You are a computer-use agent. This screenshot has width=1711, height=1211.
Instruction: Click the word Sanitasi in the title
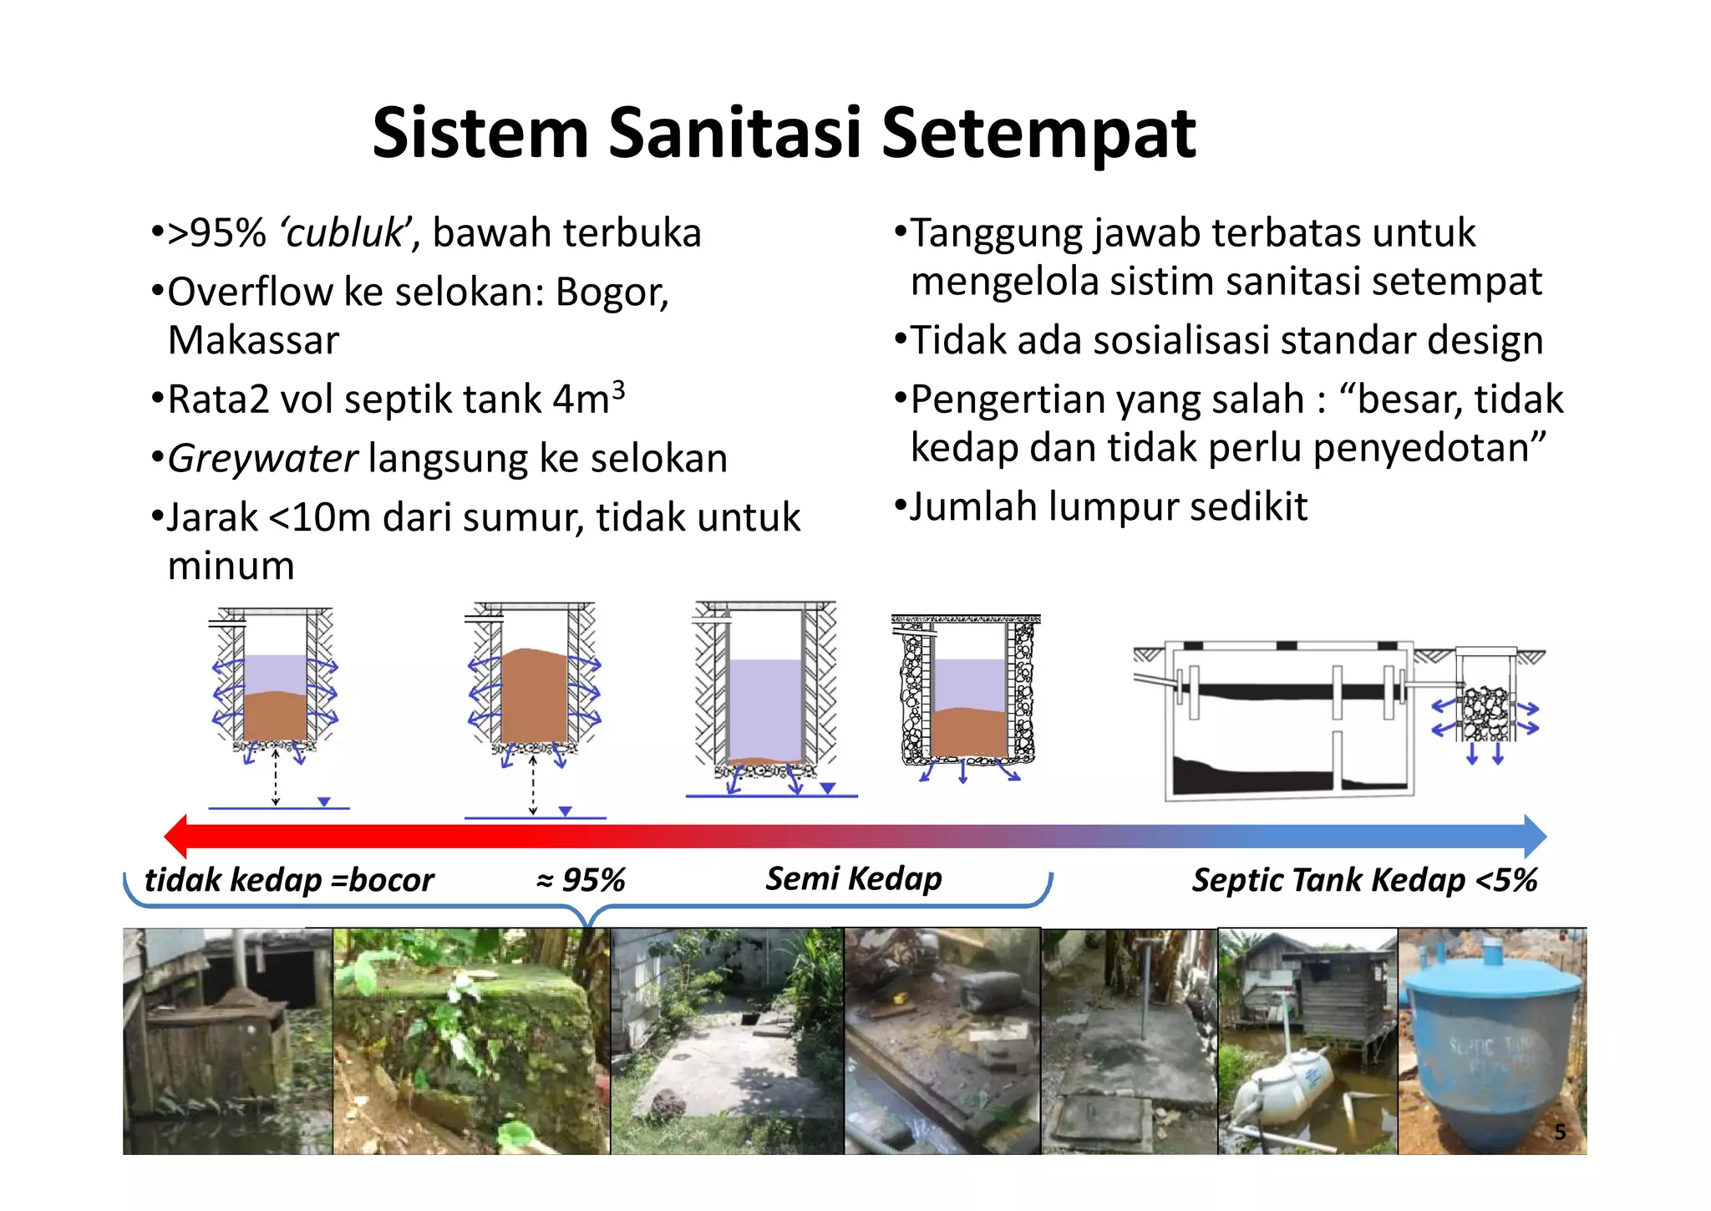734,134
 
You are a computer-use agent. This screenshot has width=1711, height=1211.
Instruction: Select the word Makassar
253,341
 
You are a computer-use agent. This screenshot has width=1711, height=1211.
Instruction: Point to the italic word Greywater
262,459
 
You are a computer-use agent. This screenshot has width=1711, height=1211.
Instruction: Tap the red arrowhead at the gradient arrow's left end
177,836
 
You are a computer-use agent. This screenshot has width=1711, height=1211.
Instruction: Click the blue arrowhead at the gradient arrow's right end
1534,836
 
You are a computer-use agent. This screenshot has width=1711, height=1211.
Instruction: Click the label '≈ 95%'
581,880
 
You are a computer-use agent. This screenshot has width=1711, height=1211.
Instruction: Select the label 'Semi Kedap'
854,878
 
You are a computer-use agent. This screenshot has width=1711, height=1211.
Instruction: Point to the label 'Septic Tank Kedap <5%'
1363,880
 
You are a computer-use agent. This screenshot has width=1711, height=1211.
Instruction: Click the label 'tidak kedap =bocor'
289,880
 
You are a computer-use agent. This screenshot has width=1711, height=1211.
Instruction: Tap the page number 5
1559,1132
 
